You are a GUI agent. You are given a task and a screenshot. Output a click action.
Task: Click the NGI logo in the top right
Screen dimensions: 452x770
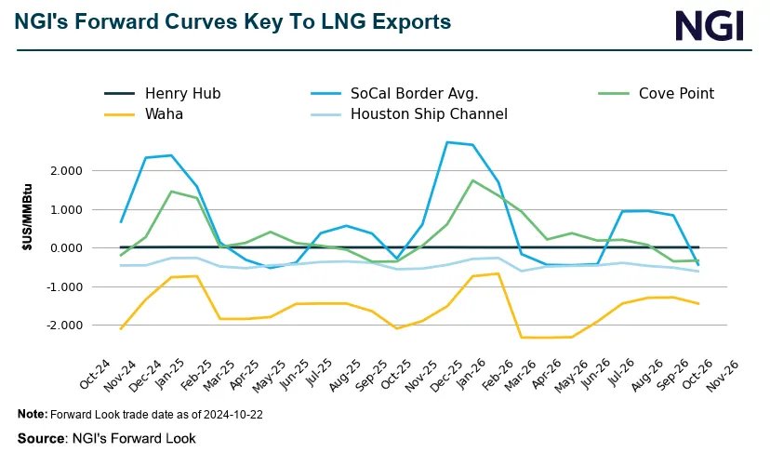coord(710,25)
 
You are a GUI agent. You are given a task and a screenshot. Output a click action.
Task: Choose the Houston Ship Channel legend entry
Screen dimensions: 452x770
coord(429,114)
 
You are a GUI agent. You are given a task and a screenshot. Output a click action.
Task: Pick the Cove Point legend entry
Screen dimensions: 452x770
coord(676,93)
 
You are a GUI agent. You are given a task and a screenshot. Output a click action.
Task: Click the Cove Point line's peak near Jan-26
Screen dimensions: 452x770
coord(473,180)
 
